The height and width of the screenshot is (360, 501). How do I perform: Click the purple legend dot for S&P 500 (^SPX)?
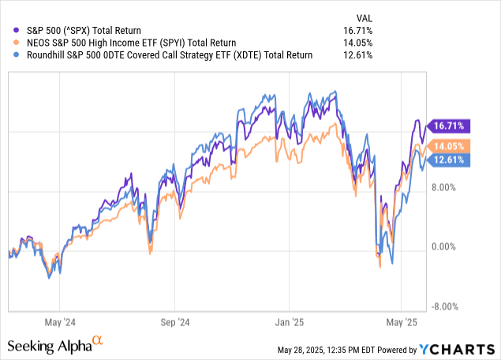coord(9,30)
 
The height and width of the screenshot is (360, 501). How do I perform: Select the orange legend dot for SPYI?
coord(9,43)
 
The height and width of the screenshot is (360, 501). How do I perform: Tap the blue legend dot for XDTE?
coord(9,55)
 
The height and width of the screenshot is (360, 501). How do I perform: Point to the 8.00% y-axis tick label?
coord(443,188)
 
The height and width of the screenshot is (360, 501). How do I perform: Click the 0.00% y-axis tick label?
coord(443,247)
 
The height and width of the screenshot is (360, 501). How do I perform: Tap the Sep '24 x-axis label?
coord(174,322)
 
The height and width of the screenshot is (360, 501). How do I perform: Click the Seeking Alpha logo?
coord(55,345)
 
